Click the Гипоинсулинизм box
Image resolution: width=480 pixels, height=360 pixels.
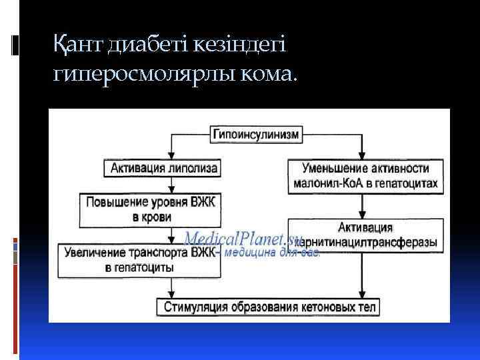coord(256,134)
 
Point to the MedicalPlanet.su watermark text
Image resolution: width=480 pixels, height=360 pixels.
coord(243,238)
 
